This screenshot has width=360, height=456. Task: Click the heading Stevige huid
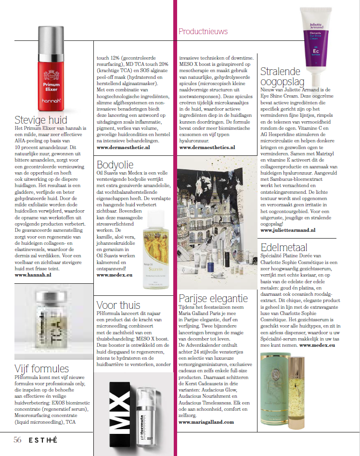click(x=40, y=120)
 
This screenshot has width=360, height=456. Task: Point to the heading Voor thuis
click(x=118, y=304)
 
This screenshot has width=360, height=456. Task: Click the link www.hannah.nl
click(x=33, y=275)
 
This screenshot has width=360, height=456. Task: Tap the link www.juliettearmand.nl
click(x=288, y=230)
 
